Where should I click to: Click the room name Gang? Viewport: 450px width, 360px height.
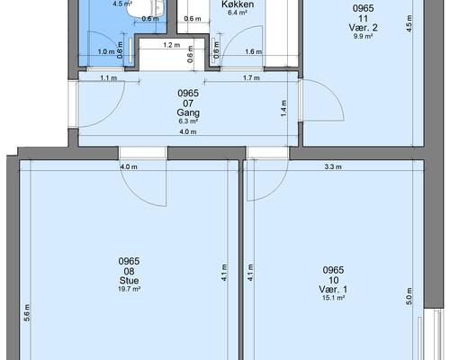[x=188, y=112]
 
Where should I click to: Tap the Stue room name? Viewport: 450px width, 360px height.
[x=129, y=281]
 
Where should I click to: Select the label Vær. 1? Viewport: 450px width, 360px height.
[x=333, y=290]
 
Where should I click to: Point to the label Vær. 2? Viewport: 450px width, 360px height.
[x=363, y=28]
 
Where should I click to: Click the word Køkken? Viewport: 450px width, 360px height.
[x=238, y=4]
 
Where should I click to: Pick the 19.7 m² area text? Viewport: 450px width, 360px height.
[x=129, y=289]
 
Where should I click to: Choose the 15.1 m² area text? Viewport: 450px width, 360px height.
[x=333, y=298]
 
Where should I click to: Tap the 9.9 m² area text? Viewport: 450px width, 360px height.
[x=363, y=36]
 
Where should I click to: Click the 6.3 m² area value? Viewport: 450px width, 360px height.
[x=188, y=121]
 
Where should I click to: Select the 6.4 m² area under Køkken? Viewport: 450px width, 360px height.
[x=238, y=13]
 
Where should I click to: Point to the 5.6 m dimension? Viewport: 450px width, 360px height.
[x=27, y=313]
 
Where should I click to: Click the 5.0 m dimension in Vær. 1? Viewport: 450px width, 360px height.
[x=409, y=296]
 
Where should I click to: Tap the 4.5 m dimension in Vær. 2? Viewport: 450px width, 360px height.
[x=409, y=23]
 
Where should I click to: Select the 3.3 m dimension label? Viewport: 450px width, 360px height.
[x=333, y=166]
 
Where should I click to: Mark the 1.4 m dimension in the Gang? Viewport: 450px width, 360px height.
[x=283, y=109]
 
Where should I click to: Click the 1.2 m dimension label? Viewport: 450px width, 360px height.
[x=172, y=45]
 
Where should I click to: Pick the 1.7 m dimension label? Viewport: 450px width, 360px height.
[x=251, y=78]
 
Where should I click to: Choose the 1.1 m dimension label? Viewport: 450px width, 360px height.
[x=109, y=78]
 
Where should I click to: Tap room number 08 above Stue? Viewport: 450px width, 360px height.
[x=129, y=272]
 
